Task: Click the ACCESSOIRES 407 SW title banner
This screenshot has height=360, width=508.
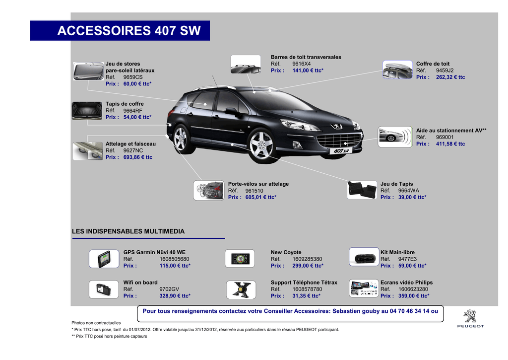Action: (x=120, y=30)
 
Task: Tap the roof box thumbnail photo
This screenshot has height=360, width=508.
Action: (x=397, y=70)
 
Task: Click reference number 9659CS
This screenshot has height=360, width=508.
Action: (x=133, y=77)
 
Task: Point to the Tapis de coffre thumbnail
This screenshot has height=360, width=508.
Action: (x=87, y=111)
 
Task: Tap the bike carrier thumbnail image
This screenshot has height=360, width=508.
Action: (x=208, y=190)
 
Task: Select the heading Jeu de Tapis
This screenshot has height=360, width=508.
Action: (x=396, y=184)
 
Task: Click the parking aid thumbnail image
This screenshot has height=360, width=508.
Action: (x=395, y=137)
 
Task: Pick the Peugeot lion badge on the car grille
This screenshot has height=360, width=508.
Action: (x=336, y=126)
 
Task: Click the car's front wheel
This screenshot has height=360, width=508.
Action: (x=261, y=145)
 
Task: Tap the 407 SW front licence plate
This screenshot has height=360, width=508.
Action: (x=341, y=151)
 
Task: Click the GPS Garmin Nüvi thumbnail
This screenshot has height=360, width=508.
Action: (x=104, y=259)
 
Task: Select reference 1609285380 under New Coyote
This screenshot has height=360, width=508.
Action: (x=307, y=259)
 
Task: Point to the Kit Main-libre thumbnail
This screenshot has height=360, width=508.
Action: (x=364, y=257)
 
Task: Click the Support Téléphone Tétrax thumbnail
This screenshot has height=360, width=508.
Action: (x=241, y=289)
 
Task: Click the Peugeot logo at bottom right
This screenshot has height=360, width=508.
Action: (x=470, y=318)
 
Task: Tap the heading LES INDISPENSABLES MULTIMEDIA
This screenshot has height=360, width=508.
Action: (x=128, y=231)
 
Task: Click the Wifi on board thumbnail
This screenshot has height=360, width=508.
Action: (x=104, y=289)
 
